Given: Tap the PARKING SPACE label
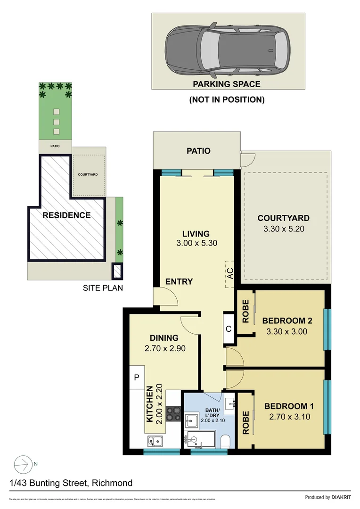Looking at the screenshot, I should point(226,84).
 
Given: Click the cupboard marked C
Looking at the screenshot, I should point(228,329).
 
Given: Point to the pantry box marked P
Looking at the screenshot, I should point(137,377).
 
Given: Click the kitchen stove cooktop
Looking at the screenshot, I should point(174,413).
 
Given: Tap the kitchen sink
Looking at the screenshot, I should point(155,442).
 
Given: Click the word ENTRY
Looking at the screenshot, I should point(179,282).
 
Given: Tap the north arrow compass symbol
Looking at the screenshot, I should point(21,464).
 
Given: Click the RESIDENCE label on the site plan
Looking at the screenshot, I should point(66,215).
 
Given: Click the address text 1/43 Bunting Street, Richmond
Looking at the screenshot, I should point(71,483).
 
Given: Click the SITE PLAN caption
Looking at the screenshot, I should point(103,288).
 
